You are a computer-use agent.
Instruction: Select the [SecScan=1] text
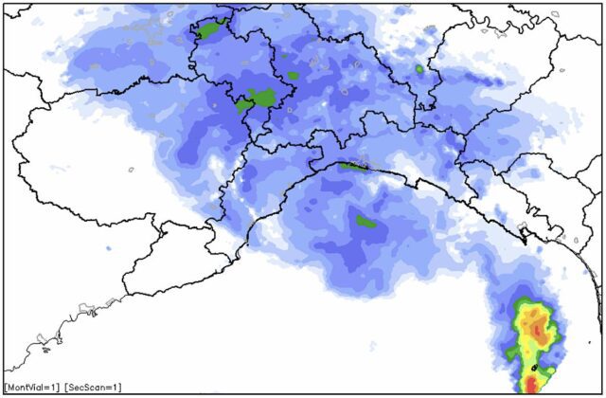tap(92, 387)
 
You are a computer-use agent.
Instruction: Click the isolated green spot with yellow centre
tap(419, 69)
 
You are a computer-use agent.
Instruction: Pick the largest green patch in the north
tap(261, 96)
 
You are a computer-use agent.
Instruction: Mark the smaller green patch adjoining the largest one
tap(243, 104)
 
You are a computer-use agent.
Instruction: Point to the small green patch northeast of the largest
tap(293, 75)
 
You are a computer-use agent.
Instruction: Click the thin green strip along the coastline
tap(354, 166)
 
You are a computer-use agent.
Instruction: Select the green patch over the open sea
tap(365, 223)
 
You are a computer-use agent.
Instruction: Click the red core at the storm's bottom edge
tap(532, 385)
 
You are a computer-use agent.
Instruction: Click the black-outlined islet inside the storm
tap(536, 366)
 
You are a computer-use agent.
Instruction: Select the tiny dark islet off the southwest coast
tap(45, 350)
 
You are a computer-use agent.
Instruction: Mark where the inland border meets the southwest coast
tap(123, 293)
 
